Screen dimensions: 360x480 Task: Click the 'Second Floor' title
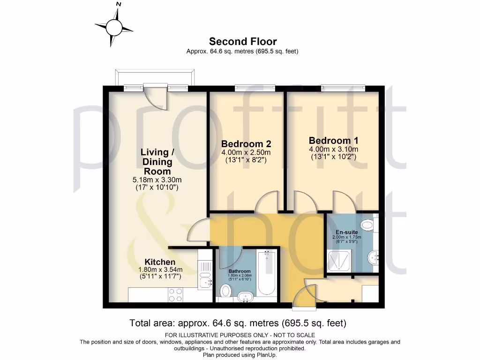pos(242,42)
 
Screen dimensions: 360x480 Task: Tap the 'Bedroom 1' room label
pos(333,141)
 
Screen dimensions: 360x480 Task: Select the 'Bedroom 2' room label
pos(246,143)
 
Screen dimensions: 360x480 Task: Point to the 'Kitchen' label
pos(160,262)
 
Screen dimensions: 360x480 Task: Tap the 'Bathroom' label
pos(240,271)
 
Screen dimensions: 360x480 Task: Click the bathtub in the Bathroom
pos(267,273)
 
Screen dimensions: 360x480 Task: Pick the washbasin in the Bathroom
pos(246,296)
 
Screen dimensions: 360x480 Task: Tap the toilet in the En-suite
pos(369,225)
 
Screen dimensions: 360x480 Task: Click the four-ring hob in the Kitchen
pos(175,294)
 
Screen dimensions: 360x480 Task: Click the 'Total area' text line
pos(238,323)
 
